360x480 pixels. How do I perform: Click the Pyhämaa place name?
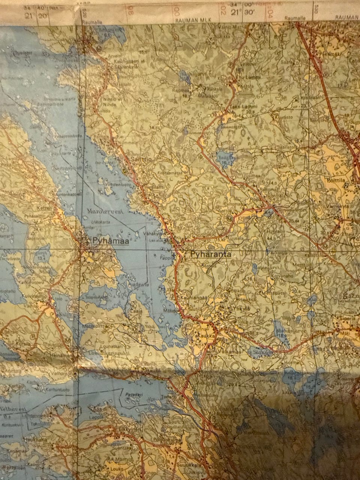[x=110, y=241]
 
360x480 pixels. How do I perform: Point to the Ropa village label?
[x=255, y=200]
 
